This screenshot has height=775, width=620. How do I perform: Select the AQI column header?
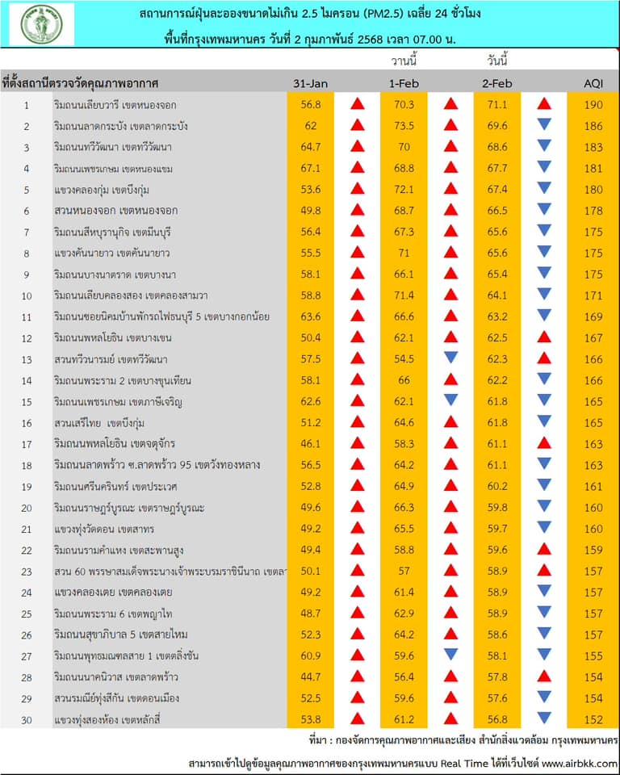[x=593, y=83]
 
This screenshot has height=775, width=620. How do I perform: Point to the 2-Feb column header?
[x=497, y=83]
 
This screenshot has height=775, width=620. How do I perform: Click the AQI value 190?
[x=593, y=104]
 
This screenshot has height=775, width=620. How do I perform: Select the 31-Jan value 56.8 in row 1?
[x=311, y=104]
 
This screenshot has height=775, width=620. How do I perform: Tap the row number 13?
[x=26, y=358]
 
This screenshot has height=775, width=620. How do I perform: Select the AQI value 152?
[x=593, y=718]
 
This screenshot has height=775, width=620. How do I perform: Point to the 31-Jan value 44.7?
[x=311, y=676]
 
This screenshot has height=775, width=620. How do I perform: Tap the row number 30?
[x=26, y=718]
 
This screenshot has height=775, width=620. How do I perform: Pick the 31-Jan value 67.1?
[x=311, y=168]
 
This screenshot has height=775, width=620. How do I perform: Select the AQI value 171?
[x=593, y=295]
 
